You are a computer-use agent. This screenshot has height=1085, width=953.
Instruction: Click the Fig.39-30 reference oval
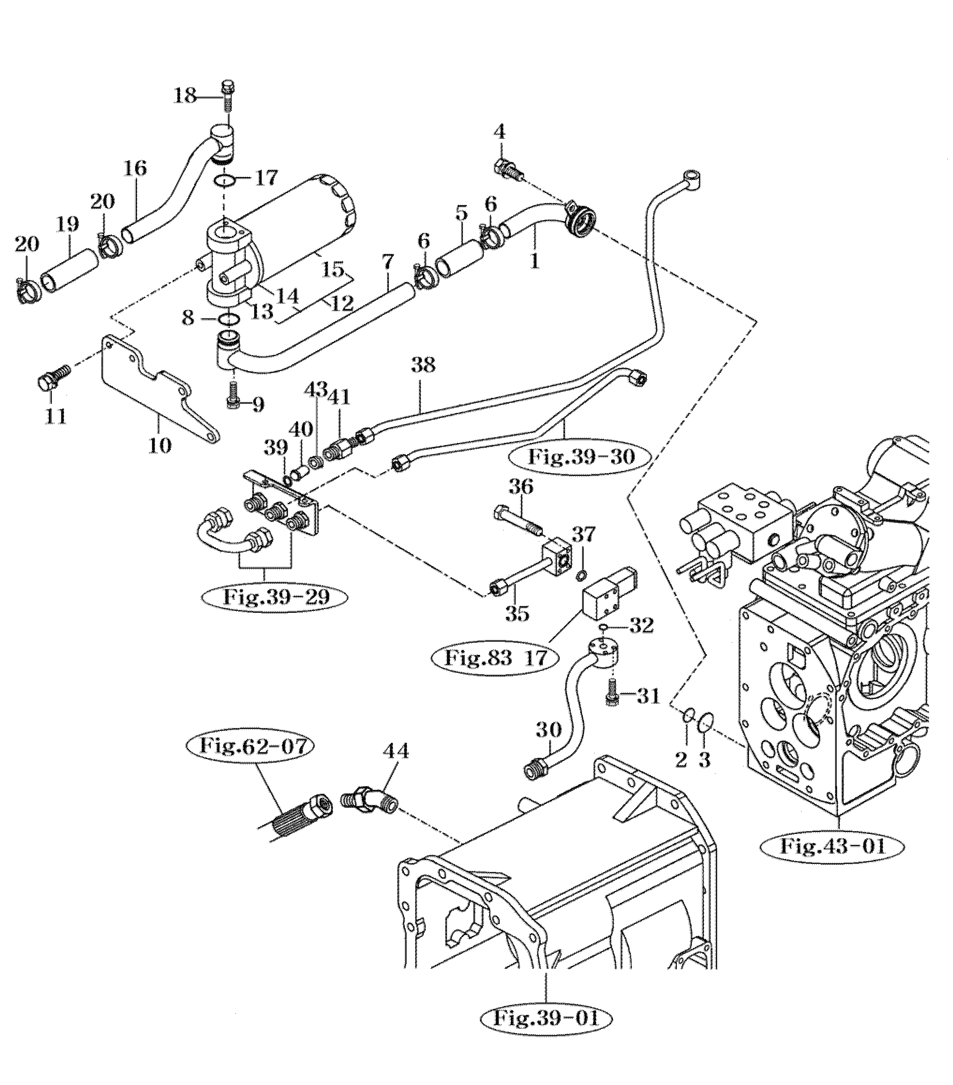(x=581, y=456)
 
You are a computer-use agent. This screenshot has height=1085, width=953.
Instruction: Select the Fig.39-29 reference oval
(x=275, y=597)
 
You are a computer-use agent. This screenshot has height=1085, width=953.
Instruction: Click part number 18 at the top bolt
(x=185, y=96)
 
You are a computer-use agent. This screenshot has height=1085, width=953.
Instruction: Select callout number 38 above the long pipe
(x=423, y=365)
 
